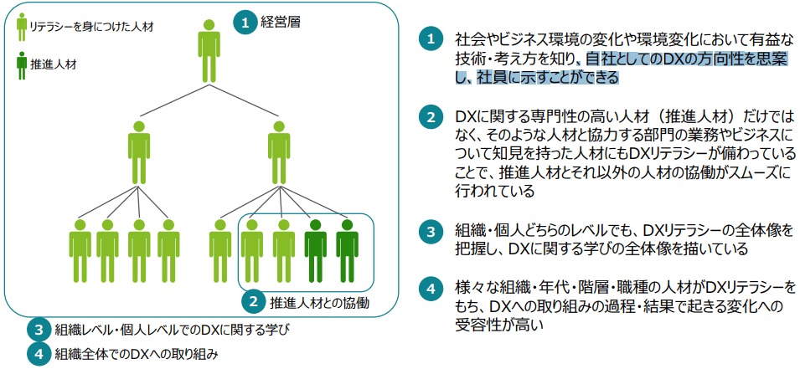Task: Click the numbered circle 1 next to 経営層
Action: point(245,23)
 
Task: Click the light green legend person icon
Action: point(21,27)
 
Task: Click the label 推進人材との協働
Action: point(319,300)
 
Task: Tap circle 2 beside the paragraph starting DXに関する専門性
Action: point(430,117)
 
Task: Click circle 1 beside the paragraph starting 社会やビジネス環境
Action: point(430,39)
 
